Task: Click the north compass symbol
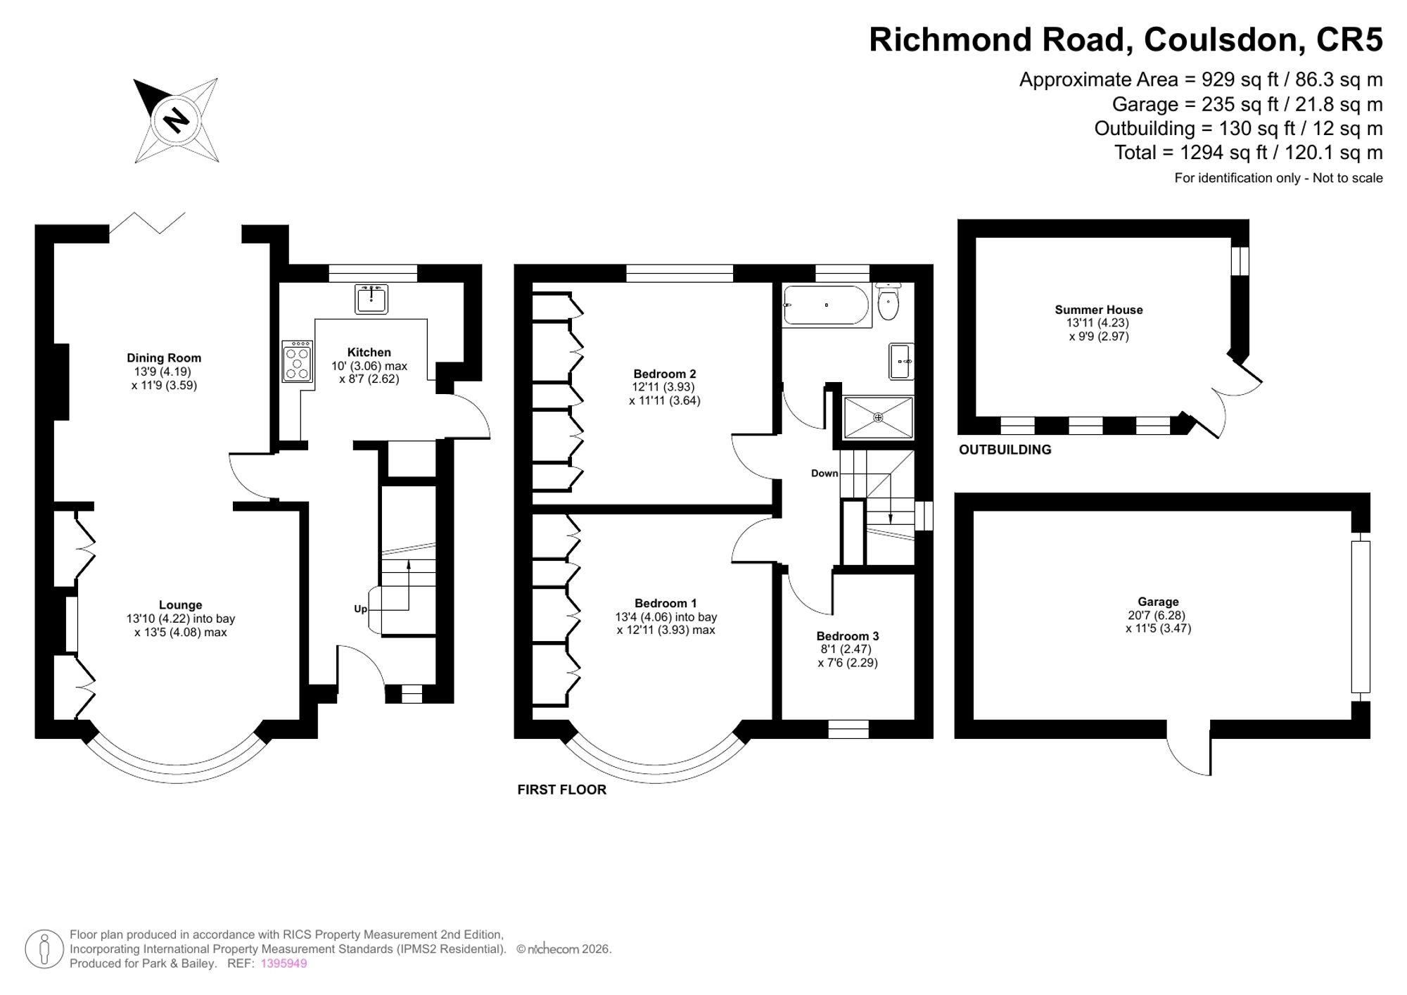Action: click(177, 120)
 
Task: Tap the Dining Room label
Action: click(164, 358)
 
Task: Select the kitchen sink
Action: click(371, 298)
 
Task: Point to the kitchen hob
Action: click(298, 362)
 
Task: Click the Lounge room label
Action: click(180, 605)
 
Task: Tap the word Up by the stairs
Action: click(360, 609)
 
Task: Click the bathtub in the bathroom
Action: click(827, 305)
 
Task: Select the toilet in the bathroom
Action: click(889, 303)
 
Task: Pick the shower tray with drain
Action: click(878, 417)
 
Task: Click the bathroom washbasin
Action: click(902, 361)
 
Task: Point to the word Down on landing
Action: click(825, 474)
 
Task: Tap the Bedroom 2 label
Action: click(665, 374)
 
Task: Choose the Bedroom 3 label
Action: click(848, 636)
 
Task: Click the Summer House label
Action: click(1098, 310)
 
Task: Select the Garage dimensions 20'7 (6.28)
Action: click(1158, 615)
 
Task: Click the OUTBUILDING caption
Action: click(1005, 450)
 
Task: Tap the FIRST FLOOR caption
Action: click(561, 790)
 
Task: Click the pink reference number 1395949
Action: click(284, 963)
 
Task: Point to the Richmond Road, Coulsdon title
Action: click(1126, 39)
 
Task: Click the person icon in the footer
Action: click(44, 949)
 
